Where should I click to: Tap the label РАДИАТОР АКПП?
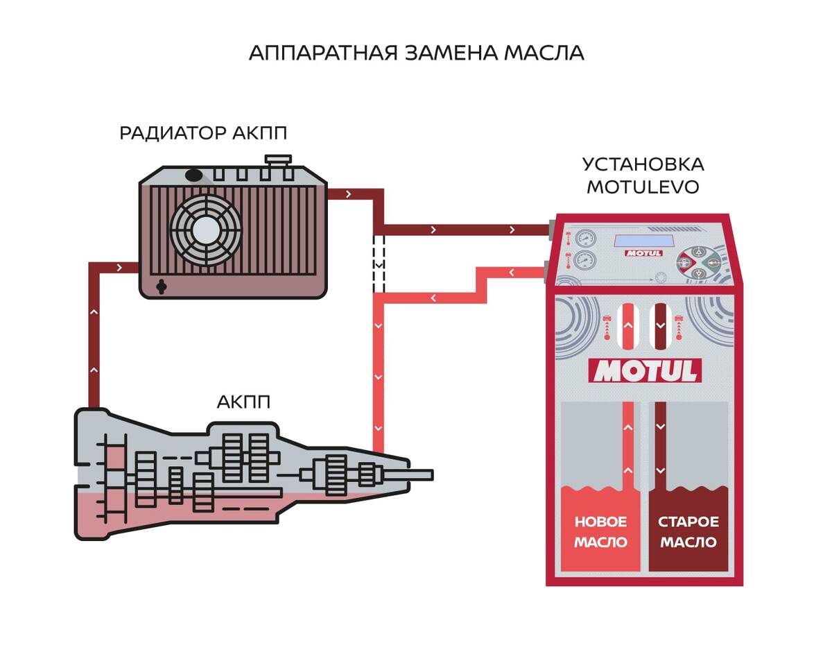(x=203, y=132)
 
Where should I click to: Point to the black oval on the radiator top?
(x=194, y=176)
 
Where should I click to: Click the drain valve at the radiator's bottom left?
(x=162, y=286)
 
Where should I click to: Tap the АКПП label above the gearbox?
(x=243, y=402)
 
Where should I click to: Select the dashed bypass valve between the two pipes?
(x=379, y=264)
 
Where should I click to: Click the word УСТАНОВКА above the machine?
(x=643, y=165)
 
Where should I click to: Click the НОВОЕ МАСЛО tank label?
(x=600, y=532)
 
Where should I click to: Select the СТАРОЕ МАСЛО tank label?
(x=688, y=532)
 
